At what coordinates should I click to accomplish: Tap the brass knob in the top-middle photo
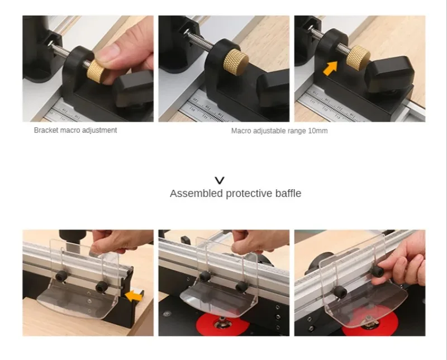point(236,63)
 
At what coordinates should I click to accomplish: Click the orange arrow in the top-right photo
point(330,68)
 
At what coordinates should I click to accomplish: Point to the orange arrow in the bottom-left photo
point(135,296)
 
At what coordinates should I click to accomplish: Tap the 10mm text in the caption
point(318,131)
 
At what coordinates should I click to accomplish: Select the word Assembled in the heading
point(197,193)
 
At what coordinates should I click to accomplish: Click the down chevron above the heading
point(220,180)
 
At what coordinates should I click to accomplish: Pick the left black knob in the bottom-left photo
point(61,276)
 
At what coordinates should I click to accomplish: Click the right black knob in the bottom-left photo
point(102,286)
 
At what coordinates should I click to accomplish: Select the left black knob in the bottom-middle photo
point(205,276)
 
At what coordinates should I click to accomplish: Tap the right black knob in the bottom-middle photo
point(241,287)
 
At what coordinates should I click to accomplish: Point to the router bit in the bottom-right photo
point(369,321)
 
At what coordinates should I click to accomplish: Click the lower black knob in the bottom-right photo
point(340,292)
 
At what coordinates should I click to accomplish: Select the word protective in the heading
point(249,193)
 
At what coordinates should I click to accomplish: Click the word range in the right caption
point(297,131)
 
